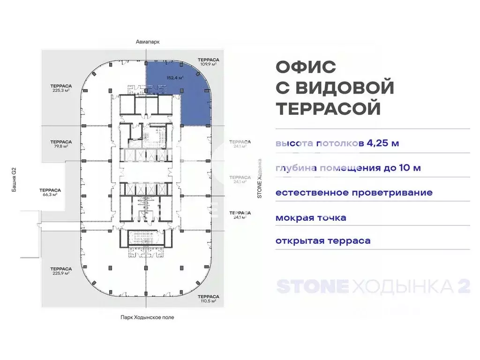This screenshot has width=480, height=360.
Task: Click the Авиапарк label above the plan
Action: (147, 41)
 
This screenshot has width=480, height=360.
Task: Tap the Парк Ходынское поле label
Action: (147, 317)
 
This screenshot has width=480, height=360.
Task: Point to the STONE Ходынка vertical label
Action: (259, 178)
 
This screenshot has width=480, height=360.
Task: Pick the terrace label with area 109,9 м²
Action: (207, 62)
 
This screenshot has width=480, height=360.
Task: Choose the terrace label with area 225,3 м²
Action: (61, 88)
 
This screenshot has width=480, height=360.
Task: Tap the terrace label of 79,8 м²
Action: (61, 143)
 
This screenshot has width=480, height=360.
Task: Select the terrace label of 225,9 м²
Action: (61, 270)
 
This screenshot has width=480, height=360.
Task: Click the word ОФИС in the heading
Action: (306, 67)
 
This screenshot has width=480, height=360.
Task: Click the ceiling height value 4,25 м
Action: (379, 143)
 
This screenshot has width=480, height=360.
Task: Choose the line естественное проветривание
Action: (354, 193)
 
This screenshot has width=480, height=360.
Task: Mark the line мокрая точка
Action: (311, 217)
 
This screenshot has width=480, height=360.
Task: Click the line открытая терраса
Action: (323, 241)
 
